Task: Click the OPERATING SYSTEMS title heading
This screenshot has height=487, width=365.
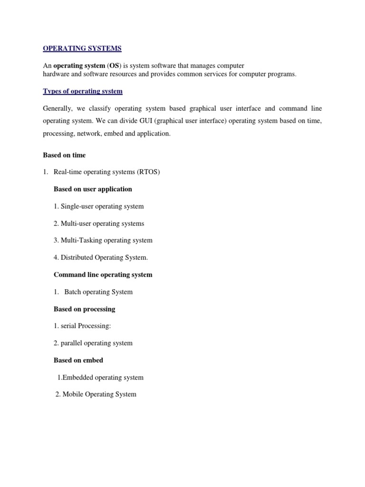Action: pyautogui.click(x=82, y=48)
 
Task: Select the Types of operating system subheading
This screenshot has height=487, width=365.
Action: pyautogui.click(x=83, y=91)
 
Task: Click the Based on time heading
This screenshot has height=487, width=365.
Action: pyautogui.click(x=64, y=155)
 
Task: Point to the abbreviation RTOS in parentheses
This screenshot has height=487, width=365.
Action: pyautogui.click(x=149, y=172)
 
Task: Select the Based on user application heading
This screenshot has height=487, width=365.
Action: pyautogui.click(x=93, y=189)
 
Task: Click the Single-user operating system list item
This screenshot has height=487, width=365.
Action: pyautogui.click(x=98, y=206)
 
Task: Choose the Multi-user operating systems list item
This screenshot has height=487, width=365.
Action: pyautogui.click(x=99, y=224)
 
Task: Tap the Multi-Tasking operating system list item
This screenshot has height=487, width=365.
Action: pyautogui.click(x=103, y=241)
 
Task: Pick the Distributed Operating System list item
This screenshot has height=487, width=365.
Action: pyautogui.click(x=101, y=258)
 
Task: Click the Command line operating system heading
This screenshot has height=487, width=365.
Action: pyautogui.click(x=103, y=275)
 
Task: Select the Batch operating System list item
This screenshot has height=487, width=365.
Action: pyautogui.click(x=93, y=292)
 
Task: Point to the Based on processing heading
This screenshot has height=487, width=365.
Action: pyautogui.click(x=85, y=309)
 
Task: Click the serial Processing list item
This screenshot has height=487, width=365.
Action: pyautogui.click(x=82, y=326)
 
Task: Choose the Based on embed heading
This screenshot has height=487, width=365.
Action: pyautogui.click(x=78, y=360)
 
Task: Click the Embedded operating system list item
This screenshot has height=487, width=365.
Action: pyautogui.click(x=100, y=378)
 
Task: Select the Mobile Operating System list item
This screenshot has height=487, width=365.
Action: pyautogui.click(x=96, y=394)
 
